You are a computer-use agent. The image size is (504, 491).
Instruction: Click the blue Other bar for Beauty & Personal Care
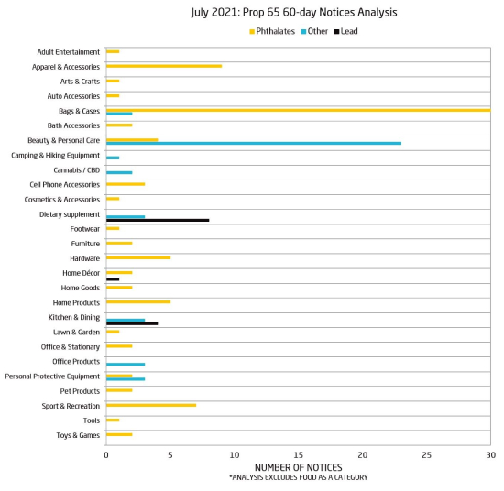point(254,143)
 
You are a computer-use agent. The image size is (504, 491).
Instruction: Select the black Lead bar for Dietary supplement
point(158,220)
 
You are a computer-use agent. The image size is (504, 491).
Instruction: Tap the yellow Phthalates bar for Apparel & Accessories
point(164,66)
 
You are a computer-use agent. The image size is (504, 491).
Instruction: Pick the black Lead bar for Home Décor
point(113,278)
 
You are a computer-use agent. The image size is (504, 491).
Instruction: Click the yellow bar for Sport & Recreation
point(151,405)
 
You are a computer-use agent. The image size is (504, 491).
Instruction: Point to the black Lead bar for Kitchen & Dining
point(132,323)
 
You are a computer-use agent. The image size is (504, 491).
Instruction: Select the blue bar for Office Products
point(126,365)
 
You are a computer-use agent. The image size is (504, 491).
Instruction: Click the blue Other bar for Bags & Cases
point(119,114)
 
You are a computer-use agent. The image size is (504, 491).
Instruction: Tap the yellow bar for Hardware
point(138,257)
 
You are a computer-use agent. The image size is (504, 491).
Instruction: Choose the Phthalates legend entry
point(272,31)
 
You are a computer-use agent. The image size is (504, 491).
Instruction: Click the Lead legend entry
point(345,31)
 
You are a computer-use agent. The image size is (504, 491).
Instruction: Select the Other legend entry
point(314,31)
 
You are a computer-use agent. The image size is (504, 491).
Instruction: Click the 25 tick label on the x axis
point(426,455)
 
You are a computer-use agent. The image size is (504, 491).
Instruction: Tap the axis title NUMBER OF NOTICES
point(299,467)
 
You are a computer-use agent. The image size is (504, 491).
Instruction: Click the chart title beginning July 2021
point(294,12)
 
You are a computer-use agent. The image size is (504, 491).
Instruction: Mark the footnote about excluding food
point(299,477)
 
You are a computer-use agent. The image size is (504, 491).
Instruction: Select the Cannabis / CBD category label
point(76,170)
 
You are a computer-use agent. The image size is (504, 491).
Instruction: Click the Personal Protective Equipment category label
point(52,376)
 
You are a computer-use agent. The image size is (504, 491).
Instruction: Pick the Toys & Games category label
point(78,435)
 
